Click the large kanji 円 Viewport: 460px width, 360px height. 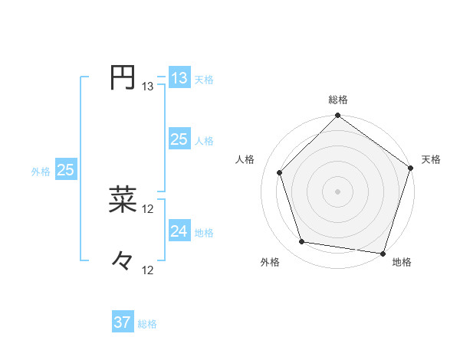(123, 77)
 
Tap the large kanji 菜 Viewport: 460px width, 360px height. (123, 199)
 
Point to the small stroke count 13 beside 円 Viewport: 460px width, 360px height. (148, 87)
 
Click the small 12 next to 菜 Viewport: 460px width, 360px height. (148, 208)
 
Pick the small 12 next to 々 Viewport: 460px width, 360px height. (148, 270)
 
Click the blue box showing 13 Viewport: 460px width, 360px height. (179, 78)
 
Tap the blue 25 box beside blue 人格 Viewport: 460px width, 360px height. (179, 139)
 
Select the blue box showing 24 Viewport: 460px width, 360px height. (179, 231)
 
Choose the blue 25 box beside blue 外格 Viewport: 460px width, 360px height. (65, 170)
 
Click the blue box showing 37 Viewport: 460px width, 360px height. (123, 322)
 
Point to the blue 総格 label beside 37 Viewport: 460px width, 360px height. (148, 324)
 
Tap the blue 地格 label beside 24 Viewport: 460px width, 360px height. (205, 232)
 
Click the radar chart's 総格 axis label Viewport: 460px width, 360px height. (338, 100)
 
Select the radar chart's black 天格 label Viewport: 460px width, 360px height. (431, 159)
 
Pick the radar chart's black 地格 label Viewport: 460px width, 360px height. (402, 262)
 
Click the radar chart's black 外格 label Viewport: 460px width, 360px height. (270, 262)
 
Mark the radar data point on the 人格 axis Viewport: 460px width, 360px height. (280, 172)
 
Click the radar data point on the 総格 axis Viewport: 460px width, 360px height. (338, 116)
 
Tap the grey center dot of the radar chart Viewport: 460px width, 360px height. (338, 191)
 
